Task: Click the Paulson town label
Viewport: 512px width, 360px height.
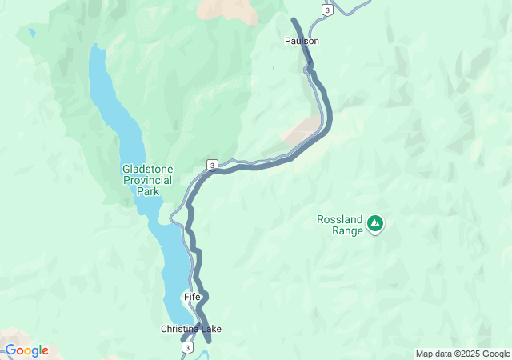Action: (302, 41)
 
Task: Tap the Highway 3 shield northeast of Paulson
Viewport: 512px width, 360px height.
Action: (327, 10)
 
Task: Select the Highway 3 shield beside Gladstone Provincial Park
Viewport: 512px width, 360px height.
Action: (211, 165)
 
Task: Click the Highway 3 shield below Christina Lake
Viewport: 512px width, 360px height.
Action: (187, 348)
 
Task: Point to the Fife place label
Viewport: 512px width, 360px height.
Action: (192, 297)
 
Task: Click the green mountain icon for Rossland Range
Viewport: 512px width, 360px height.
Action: (374, 225)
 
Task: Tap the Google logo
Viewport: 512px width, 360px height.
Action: (26, 350)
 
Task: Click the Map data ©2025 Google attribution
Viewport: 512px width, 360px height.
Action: (462, 354)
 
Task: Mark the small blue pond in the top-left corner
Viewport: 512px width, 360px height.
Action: (31, 34)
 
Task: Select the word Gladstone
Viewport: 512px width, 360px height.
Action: (147, 169)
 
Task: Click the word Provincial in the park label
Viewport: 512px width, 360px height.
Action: (147, 180)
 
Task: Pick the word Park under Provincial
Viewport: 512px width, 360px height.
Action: (147, 191)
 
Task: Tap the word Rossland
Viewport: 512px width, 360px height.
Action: (340, 219)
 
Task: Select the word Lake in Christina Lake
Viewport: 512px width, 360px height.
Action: (211, 329)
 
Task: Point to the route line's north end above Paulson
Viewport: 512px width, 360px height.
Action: (294, 20)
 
